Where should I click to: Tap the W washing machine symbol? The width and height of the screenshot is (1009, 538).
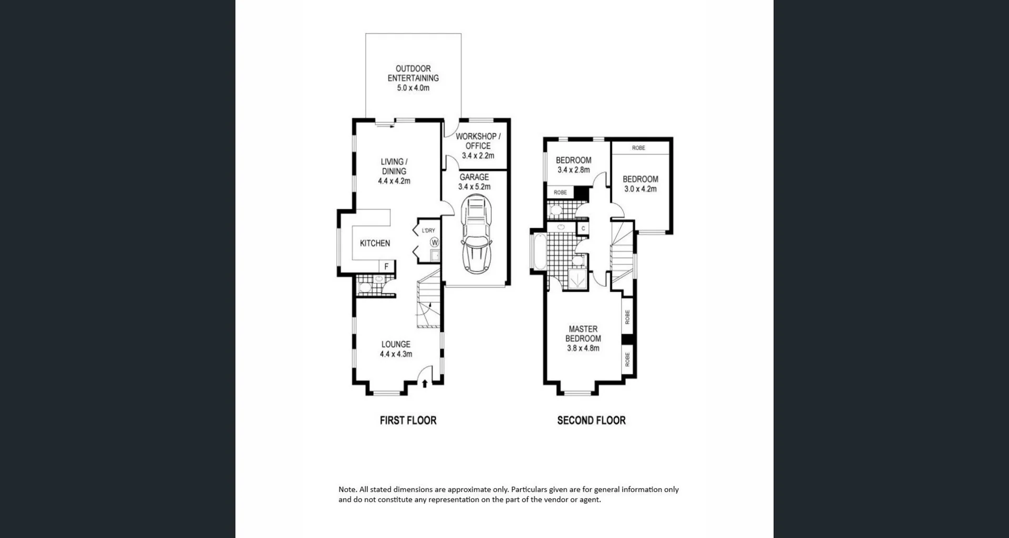(x=435, y=242)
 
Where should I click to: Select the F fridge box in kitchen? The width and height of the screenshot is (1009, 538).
(x=387, y=266)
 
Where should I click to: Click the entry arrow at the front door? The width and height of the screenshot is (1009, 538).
(x=425, y=384)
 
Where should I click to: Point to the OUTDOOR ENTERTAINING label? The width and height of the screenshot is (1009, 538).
(x=413, y=73)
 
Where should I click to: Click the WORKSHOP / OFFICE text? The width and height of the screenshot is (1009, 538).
(x=478, y=141)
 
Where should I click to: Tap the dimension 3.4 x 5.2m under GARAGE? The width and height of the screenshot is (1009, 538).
(x=474, y=187)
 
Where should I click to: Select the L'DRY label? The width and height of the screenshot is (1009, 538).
(x=428, y=231)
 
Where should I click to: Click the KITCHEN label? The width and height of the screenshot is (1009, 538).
(x=375, y=243)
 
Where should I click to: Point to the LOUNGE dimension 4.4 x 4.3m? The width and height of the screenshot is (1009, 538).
(x=396, y=354)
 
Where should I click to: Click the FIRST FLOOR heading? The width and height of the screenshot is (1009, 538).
(x=408, y=420)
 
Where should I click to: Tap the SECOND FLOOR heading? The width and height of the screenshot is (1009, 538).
(x=591, y=420)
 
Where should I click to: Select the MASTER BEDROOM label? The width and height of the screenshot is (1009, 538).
(x=583, y=334)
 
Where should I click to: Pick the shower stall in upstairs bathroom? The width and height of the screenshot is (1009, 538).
(x=576, y=279)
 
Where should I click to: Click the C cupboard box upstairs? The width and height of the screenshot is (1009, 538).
(x=583, y=229)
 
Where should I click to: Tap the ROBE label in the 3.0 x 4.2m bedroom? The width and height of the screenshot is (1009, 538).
(x=639, y=148)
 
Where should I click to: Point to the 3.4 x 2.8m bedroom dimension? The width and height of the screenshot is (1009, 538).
(x=573, y=170)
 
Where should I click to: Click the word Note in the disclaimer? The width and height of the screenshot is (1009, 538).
(x=347, y=490)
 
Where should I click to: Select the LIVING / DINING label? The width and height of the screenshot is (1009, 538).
(x=394, y=167)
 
